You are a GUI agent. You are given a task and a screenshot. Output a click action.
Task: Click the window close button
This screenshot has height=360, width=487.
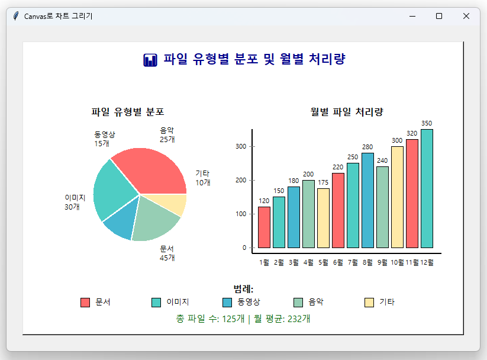tap(466, 16)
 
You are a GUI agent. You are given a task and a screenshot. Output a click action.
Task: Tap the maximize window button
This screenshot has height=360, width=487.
tap(439, 16)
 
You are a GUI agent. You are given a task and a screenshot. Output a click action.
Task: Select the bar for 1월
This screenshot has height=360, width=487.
tap(264, 227)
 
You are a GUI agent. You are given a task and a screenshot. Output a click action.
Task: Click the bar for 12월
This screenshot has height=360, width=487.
tap(427, 188)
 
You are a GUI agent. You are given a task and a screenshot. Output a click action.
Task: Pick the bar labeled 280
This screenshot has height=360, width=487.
tap(367, 200)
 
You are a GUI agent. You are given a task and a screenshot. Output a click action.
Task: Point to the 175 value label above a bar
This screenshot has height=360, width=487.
tap(323, 183)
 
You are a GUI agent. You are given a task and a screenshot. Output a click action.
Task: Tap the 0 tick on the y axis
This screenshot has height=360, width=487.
tap(244, 247)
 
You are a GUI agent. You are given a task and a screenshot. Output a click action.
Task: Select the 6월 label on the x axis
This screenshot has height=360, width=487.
tap(338, 262)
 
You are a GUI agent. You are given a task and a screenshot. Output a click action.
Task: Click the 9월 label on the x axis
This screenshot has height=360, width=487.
tap(382, 262)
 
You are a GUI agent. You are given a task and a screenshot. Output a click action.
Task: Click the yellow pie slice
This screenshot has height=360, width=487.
tap(176, 205)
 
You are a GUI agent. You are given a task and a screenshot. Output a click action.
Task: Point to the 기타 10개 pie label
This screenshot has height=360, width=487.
tap(202, 178)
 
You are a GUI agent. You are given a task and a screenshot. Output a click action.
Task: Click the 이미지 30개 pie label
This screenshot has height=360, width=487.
tap(75, 202)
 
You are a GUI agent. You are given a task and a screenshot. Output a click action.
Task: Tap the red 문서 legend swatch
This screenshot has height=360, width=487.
tap(85, 302)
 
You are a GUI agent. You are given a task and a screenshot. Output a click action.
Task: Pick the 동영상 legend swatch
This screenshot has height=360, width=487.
tap(227, 302)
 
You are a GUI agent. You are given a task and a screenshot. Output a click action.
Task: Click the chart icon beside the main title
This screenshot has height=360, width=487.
tap(150, 60)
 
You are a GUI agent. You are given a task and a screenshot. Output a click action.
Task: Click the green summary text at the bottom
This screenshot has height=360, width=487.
tap(243, 319)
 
